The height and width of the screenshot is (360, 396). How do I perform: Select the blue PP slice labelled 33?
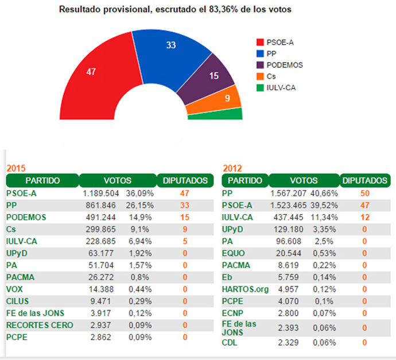[x=171, y=49]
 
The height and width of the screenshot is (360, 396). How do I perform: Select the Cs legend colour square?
[x=260, y=76]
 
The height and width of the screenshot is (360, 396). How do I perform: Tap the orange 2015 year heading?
[x=15, y=169]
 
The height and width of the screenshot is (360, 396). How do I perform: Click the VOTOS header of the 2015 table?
[x=117, y=181]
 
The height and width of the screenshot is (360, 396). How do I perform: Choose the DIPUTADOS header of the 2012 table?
[x=364, y=181]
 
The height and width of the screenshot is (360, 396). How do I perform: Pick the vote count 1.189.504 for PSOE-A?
[x=101, y=194]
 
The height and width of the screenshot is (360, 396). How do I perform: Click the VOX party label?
[x=15, y=289]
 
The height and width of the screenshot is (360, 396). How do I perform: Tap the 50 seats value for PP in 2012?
[x=364, y=193]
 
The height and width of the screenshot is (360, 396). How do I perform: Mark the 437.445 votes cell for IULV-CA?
[x=290, y=217]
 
